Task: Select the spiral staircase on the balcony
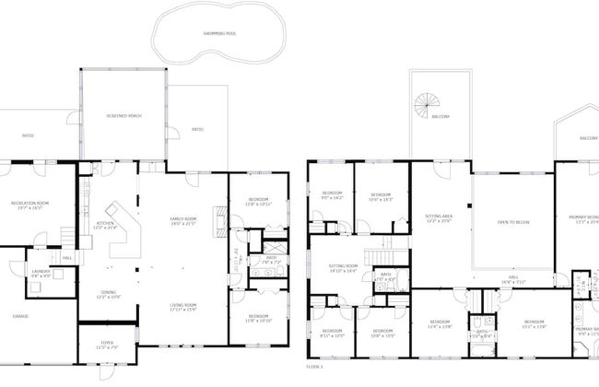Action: tap(427, 106)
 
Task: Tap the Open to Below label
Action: tap(512, 222)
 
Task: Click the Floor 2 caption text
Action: tap(315, 366)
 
